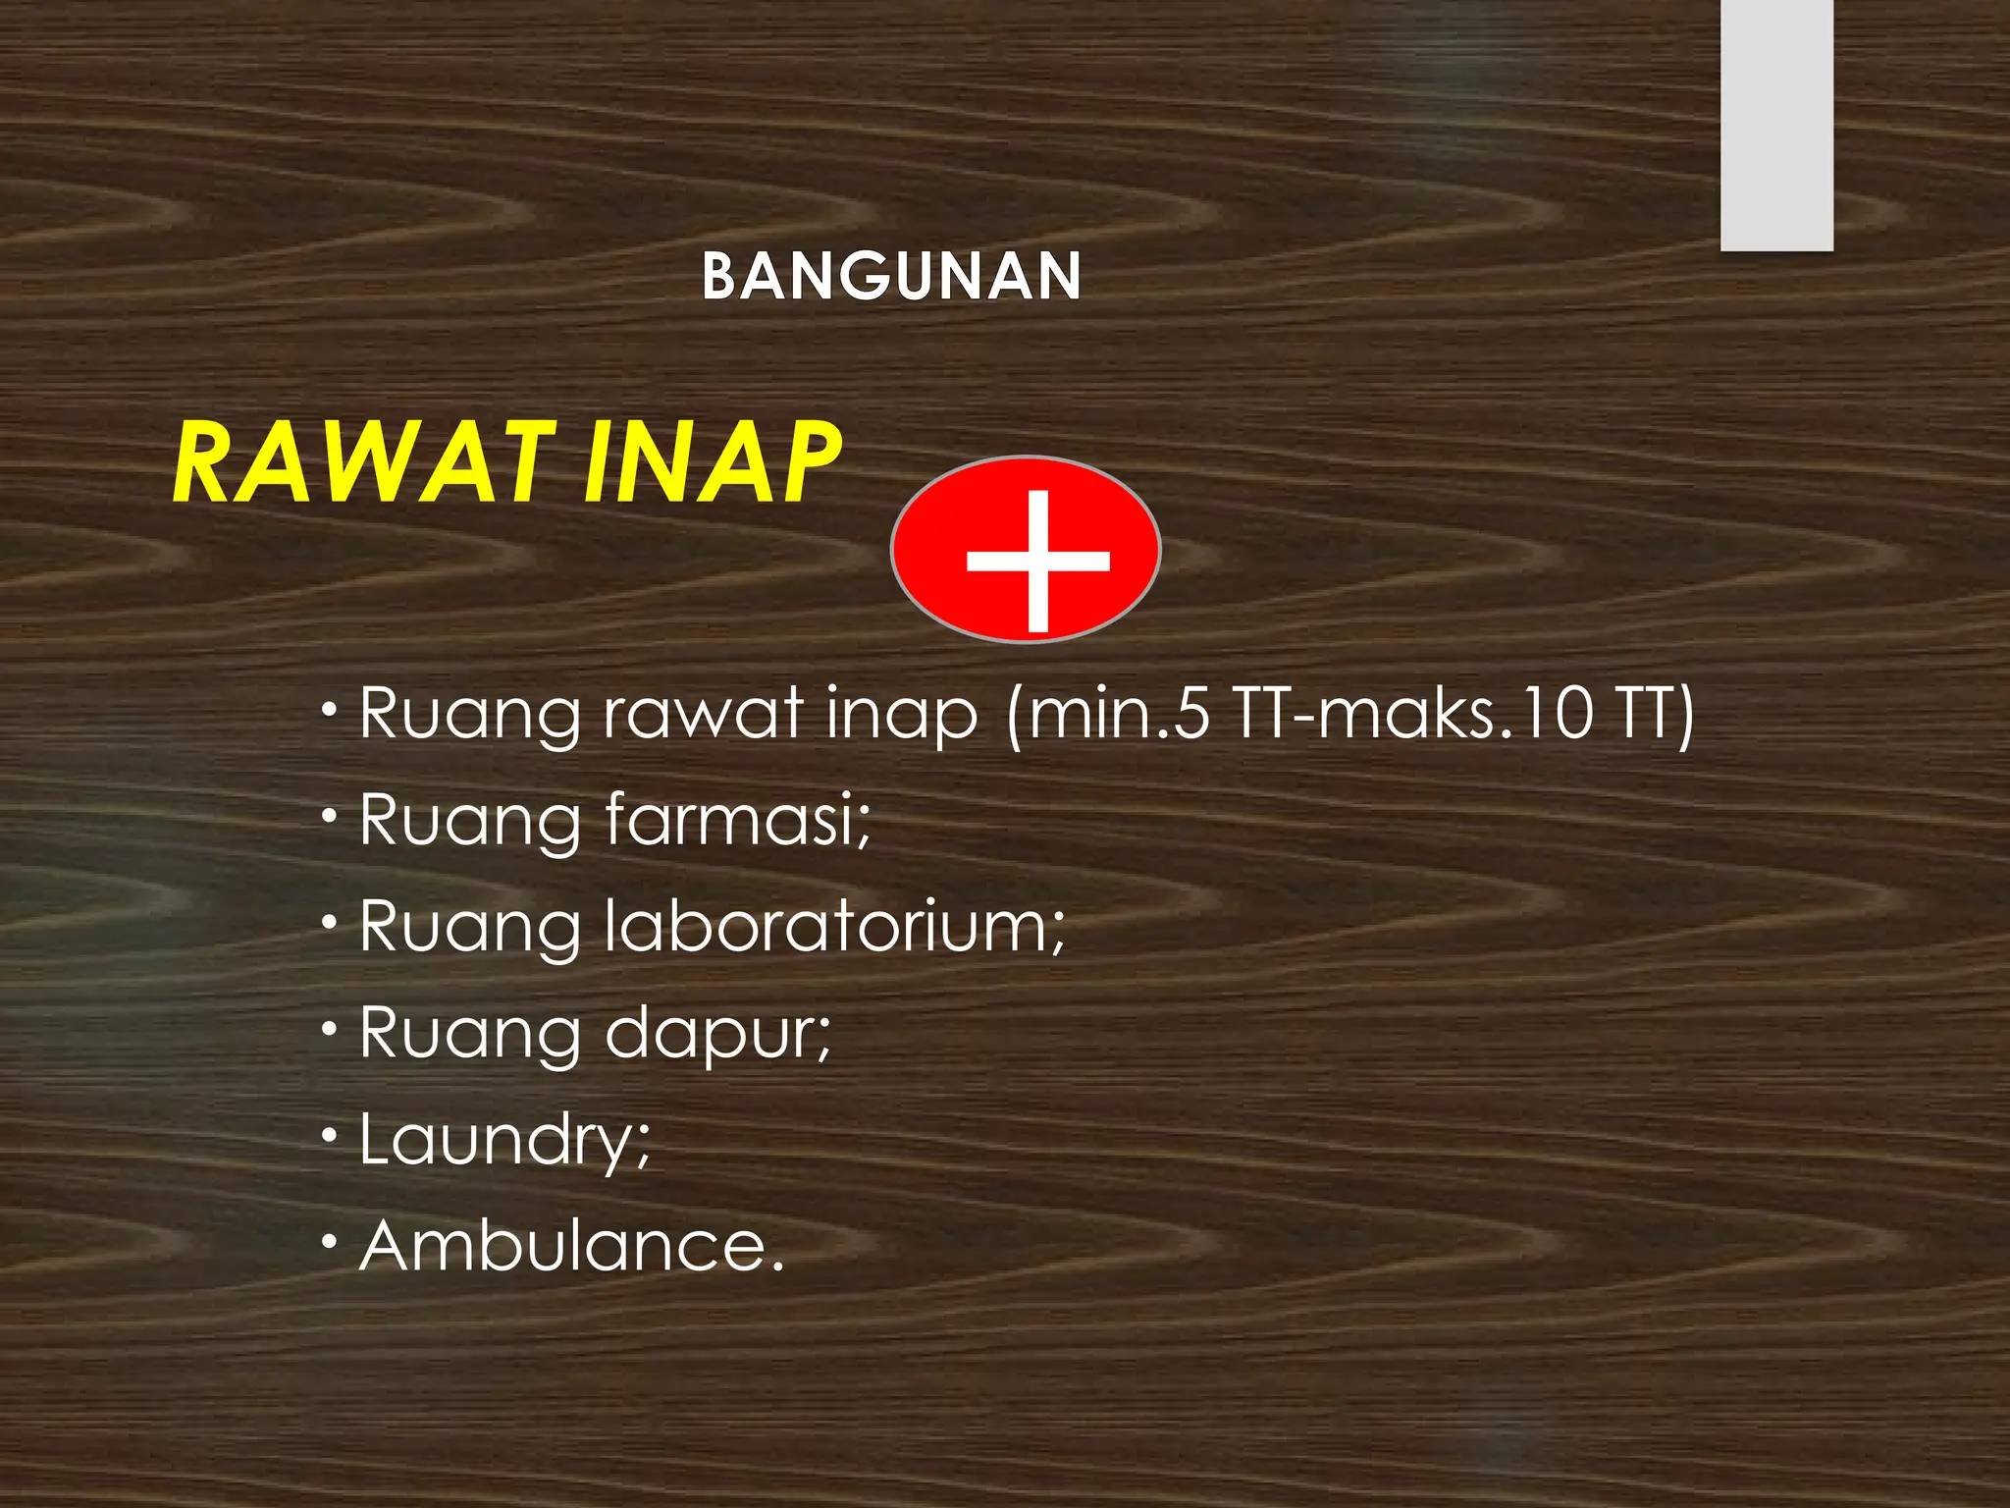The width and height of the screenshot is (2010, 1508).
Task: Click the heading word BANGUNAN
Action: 891,276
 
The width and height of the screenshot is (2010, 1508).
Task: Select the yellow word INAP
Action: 712,461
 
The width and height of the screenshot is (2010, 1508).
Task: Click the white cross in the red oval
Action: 1037,560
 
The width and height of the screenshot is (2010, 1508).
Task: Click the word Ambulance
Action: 572,1246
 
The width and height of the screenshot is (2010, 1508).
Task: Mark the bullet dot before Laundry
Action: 331,1136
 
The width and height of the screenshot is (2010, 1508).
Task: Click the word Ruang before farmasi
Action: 470,821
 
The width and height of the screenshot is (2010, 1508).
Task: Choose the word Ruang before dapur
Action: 470,1035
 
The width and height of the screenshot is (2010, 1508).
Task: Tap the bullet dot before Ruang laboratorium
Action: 331,922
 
